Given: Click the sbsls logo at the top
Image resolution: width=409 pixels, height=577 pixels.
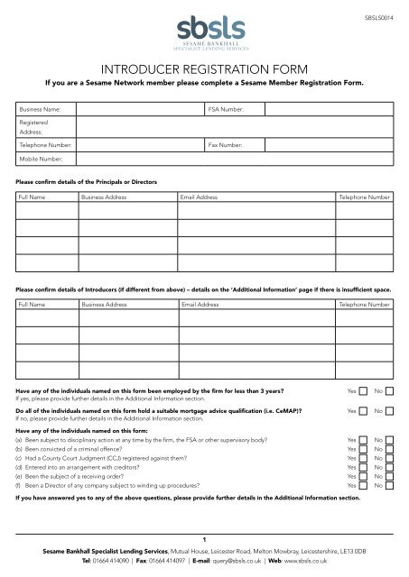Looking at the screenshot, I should click(x=204, y=27).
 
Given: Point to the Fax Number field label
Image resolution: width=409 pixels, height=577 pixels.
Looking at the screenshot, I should click(x=224, y=144).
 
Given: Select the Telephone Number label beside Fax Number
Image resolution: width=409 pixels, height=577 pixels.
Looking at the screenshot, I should click(x=45, y=144).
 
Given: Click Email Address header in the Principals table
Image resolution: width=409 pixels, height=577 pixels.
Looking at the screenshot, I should click(x=200, y=196).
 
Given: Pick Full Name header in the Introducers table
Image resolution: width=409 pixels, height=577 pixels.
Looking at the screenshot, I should click(x=33, y=306).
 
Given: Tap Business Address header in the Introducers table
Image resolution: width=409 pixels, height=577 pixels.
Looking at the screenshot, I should click(x=105, y=306).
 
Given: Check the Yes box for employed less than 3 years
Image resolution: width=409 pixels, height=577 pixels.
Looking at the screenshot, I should click(x=362, y=392).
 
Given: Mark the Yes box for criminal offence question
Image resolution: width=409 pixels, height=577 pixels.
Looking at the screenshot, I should click(x=362, y=449).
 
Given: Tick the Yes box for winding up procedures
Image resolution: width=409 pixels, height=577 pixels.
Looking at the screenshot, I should click(x=362, y=486).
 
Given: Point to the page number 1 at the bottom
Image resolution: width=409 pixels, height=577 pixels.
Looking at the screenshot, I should click(x=204, y=537).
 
